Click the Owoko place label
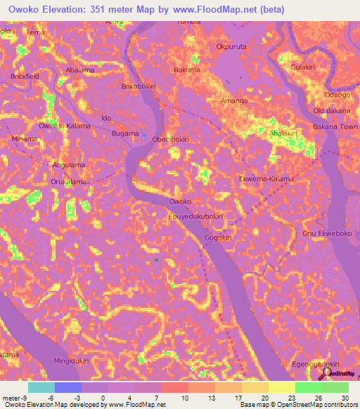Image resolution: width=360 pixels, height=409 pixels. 181,202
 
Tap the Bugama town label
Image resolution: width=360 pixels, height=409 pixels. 125,132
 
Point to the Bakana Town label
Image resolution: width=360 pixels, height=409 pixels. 335,127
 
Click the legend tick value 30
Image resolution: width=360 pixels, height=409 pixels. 344,398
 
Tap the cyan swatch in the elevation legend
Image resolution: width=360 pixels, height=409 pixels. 41,387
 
